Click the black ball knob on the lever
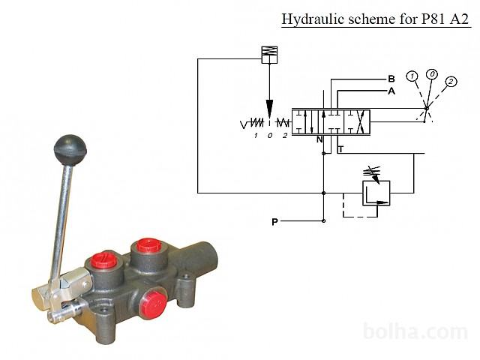click(70, 150)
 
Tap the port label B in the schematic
click(391, 79)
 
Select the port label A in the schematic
click(391, 91)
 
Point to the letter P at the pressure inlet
click(275, 222)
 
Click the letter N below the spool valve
click(319, 139)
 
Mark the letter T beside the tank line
click(340, 149)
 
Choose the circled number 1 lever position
click(412, 76)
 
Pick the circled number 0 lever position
click(432, 74)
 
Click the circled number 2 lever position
click(451, 82)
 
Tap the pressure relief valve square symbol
click(376, 193)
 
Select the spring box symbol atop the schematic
click(269, 55)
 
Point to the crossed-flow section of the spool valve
click(357, 122)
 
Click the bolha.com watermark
click(415, 331)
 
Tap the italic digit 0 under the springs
click(270, 136)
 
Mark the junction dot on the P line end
click(323, 220)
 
